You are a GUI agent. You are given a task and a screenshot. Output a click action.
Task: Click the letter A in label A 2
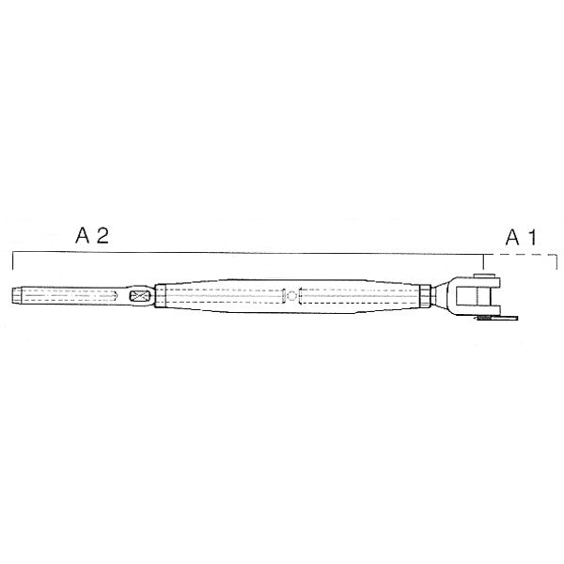[x=82, y=235]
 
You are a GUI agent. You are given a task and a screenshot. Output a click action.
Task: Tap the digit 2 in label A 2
[x=102, y=235]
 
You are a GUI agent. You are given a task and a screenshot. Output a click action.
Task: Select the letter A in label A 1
[x=512, y=238]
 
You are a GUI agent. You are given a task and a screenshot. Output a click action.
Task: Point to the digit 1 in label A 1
[x=533, y=238]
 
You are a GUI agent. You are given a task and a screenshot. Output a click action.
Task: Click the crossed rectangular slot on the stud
[x=140, y=296]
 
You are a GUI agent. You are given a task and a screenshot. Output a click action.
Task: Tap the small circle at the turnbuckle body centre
[x=291, y=296]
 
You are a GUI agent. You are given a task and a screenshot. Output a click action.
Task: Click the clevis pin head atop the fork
[x=483, y=275]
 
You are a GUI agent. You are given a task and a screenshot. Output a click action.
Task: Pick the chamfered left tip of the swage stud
[x=17, y=296]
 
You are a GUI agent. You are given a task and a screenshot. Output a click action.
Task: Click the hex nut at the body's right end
[x=425, y=296]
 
